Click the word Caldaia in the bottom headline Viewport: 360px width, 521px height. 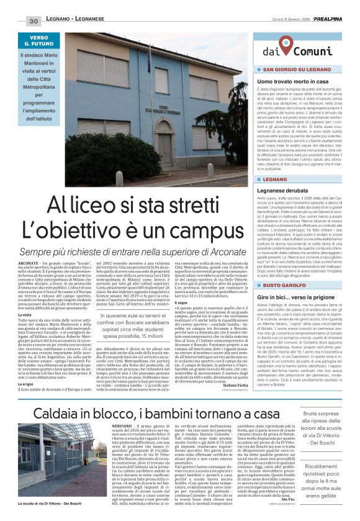49,412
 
